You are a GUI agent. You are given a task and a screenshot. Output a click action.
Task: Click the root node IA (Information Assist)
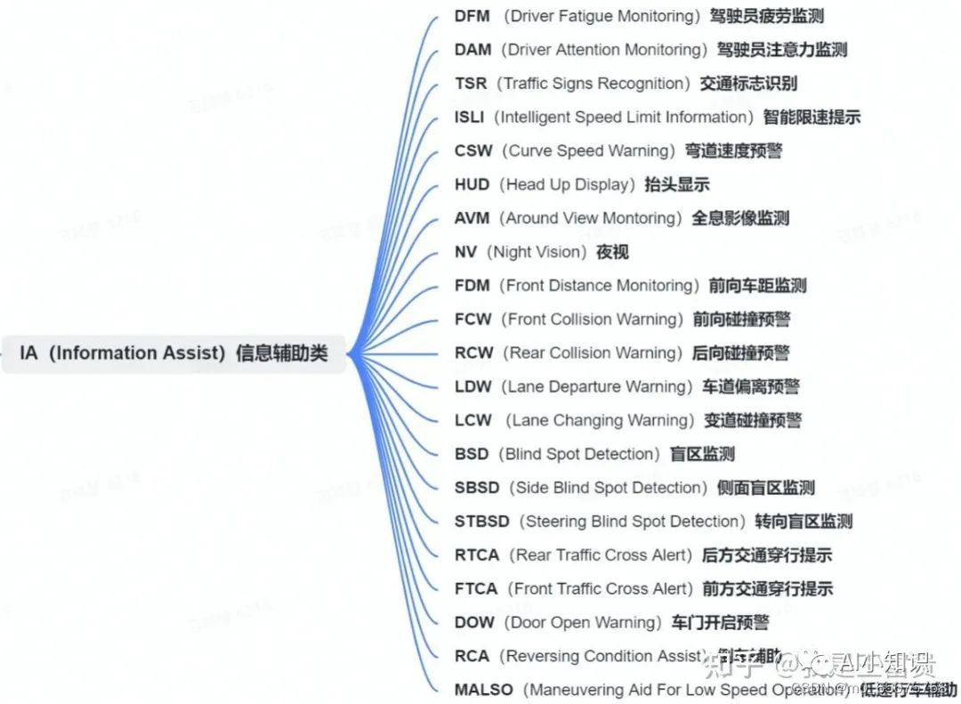(174, 353)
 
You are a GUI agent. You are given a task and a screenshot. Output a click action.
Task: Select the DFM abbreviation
(472, 16)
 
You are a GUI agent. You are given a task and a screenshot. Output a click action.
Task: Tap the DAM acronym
(472, 50)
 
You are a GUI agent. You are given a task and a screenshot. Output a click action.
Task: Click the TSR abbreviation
(471, 84)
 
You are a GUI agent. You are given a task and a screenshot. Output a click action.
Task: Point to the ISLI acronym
(470, 117)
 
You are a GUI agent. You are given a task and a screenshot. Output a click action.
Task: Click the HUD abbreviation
(472, 185)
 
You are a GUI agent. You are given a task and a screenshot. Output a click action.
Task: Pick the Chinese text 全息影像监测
(740, 218)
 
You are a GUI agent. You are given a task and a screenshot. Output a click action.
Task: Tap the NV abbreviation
(465, 252)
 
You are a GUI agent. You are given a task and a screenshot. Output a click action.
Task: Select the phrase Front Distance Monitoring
(599, 286)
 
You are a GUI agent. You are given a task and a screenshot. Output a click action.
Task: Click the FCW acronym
(473, 320)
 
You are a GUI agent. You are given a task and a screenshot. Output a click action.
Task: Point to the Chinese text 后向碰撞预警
(740, 353)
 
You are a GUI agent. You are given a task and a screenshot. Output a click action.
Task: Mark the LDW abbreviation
(473, 387)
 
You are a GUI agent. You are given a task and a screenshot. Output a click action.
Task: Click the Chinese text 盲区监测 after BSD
(702, 454)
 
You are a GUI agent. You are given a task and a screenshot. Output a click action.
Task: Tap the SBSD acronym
(477, 488)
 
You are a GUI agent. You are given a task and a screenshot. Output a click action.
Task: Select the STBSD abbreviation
(481, 522)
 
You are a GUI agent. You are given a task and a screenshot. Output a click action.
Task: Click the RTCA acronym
(477, 555)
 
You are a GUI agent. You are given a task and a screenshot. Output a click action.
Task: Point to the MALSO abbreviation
(484, 690)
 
